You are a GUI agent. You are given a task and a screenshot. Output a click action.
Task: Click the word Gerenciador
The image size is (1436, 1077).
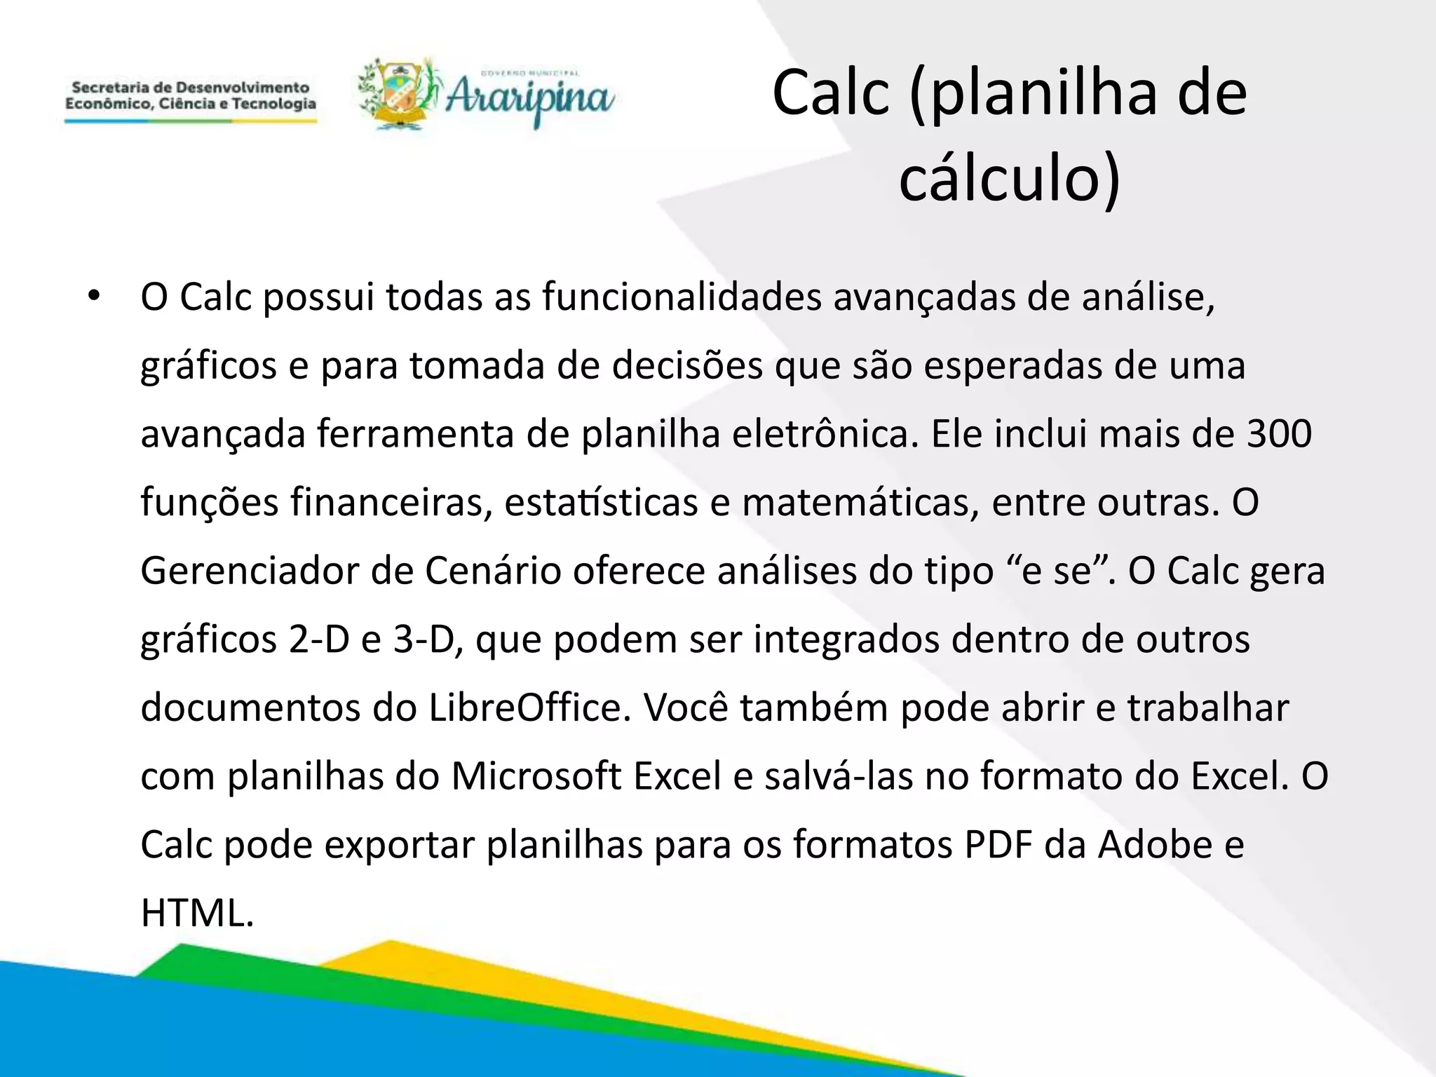point(250,571)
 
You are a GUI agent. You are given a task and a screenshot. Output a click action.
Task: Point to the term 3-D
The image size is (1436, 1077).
point(424,640)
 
